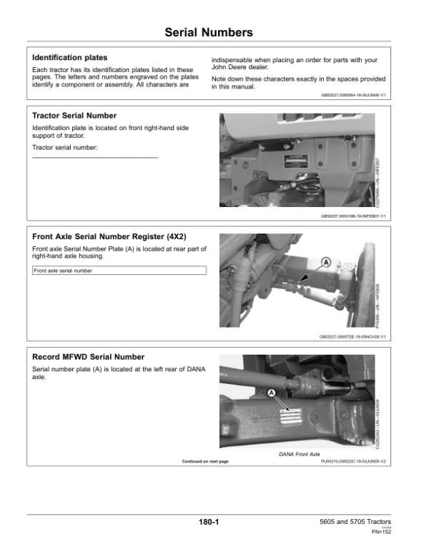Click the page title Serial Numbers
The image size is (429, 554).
208,33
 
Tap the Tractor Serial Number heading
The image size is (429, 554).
74,116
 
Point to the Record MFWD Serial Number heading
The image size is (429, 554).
89,357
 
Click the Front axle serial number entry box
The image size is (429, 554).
119,271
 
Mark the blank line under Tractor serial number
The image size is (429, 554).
95,157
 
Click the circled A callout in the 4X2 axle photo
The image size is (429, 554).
326,263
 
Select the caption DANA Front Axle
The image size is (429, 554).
299,454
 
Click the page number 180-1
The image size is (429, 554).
209,523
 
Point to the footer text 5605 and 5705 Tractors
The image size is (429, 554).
355,522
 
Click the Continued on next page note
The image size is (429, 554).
205,462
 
